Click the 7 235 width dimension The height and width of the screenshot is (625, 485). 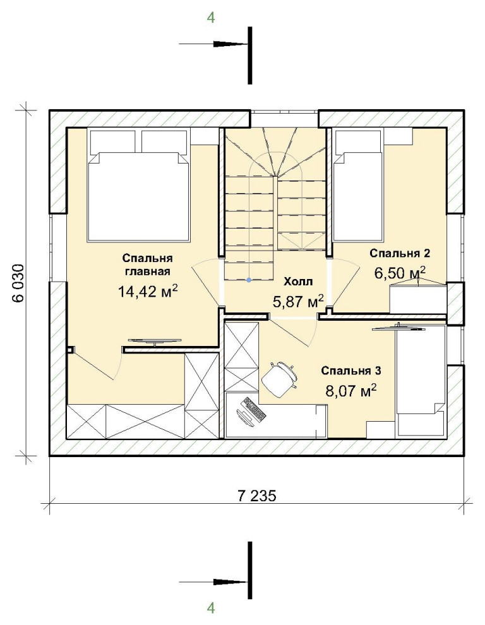click(256, 496)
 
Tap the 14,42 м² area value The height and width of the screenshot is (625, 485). click(147, 291)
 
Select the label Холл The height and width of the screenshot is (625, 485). click(298, 282)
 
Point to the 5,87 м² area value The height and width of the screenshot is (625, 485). click(297, 301)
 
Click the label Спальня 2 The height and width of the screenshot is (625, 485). click(400, 253)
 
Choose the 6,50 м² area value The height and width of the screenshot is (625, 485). click(400, 273)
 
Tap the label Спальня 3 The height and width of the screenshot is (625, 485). click(351, 371)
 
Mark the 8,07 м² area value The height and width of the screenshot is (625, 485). click(351, 391)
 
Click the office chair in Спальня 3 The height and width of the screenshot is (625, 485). click(280, 378)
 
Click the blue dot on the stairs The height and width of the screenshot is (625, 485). click(249, 280)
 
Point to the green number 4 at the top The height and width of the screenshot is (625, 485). click(211, 18)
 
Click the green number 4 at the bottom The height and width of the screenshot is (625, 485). click(211, 608)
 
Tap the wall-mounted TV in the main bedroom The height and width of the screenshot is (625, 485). click(154, 341)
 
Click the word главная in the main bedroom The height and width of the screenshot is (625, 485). click(148, 272)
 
